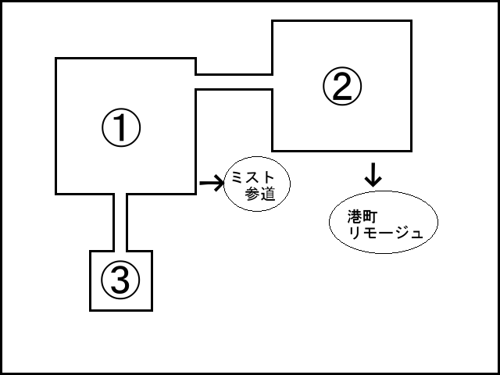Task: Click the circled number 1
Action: click(120, 128)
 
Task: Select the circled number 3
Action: click(120, 280)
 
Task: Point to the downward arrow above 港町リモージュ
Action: click(373, 174)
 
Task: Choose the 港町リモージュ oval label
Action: click(381, 223)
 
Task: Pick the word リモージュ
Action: click(386, 232)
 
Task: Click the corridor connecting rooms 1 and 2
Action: click(233, 82)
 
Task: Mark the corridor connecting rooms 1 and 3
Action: click(120, 222)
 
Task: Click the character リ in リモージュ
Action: click(355, 232)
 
